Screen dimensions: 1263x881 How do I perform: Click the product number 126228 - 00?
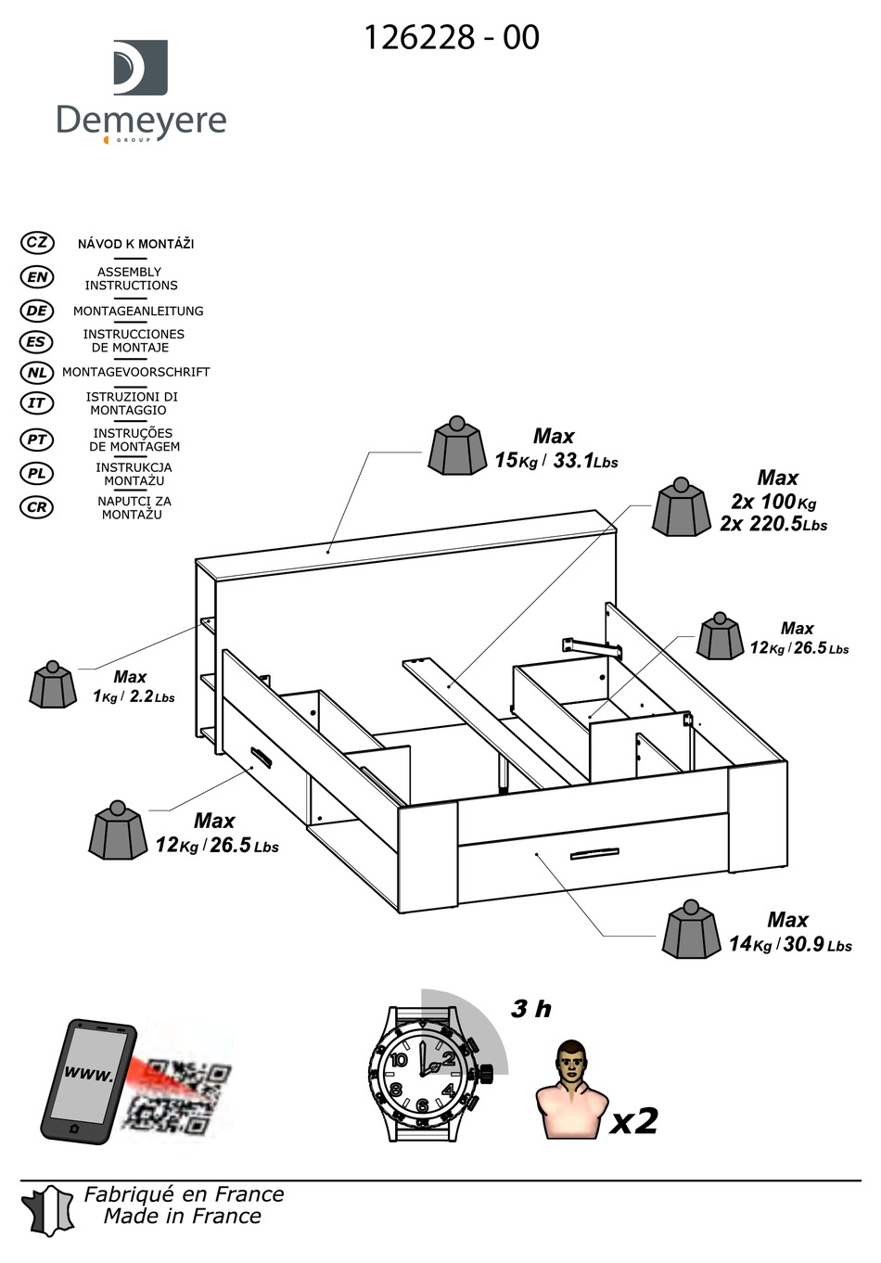[451, 37]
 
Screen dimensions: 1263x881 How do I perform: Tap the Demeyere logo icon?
[140, 67]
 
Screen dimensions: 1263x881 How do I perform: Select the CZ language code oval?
[37, 243]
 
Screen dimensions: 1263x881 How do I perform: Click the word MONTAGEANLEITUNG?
[138, 311]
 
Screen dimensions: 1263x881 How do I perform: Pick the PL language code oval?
[37, 474]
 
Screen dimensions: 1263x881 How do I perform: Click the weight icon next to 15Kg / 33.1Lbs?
[456, 446]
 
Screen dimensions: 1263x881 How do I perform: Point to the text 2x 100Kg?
[772, 502]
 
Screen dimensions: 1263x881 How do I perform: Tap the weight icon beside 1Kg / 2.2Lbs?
[53, 685]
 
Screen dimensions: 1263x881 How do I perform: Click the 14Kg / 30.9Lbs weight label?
[789, 944]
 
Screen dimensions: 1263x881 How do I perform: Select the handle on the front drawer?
[594, 853]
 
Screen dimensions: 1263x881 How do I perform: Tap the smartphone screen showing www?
[88, 1075]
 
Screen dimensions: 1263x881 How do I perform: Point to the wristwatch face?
[423, 1072]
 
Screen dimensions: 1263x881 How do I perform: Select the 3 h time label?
[530, 1009]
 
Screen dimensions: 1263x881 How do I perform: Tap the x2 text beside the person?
[633, 1121]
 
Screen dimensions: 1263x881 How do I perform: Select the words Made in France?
[182, 1217]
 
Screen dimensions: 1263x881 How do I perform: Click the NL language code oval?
[37, 373]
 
